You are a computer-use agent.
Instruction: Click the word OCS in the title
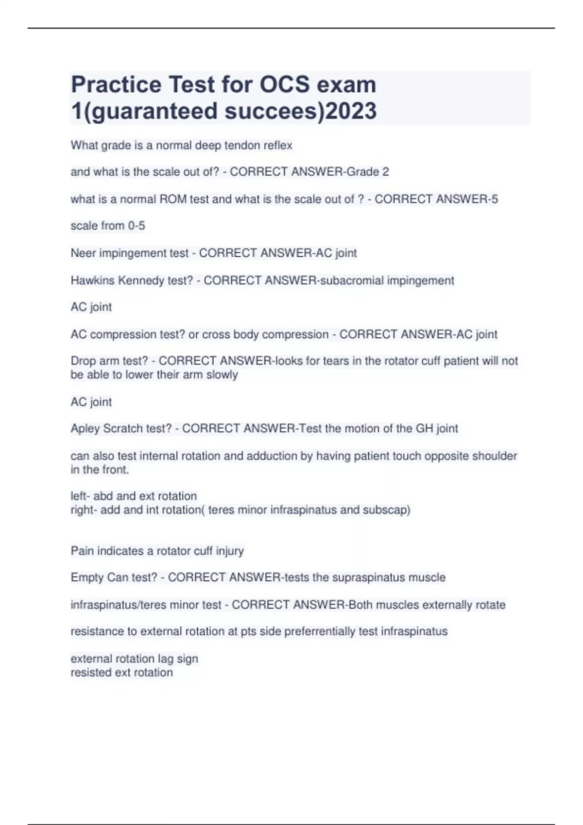point(285,85)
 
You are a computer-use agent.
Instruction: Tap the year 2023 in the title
point(351,111)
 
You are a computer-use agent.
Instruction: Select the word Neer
point(83,253)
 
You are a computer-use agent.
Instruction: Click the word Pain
point(82,551)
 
